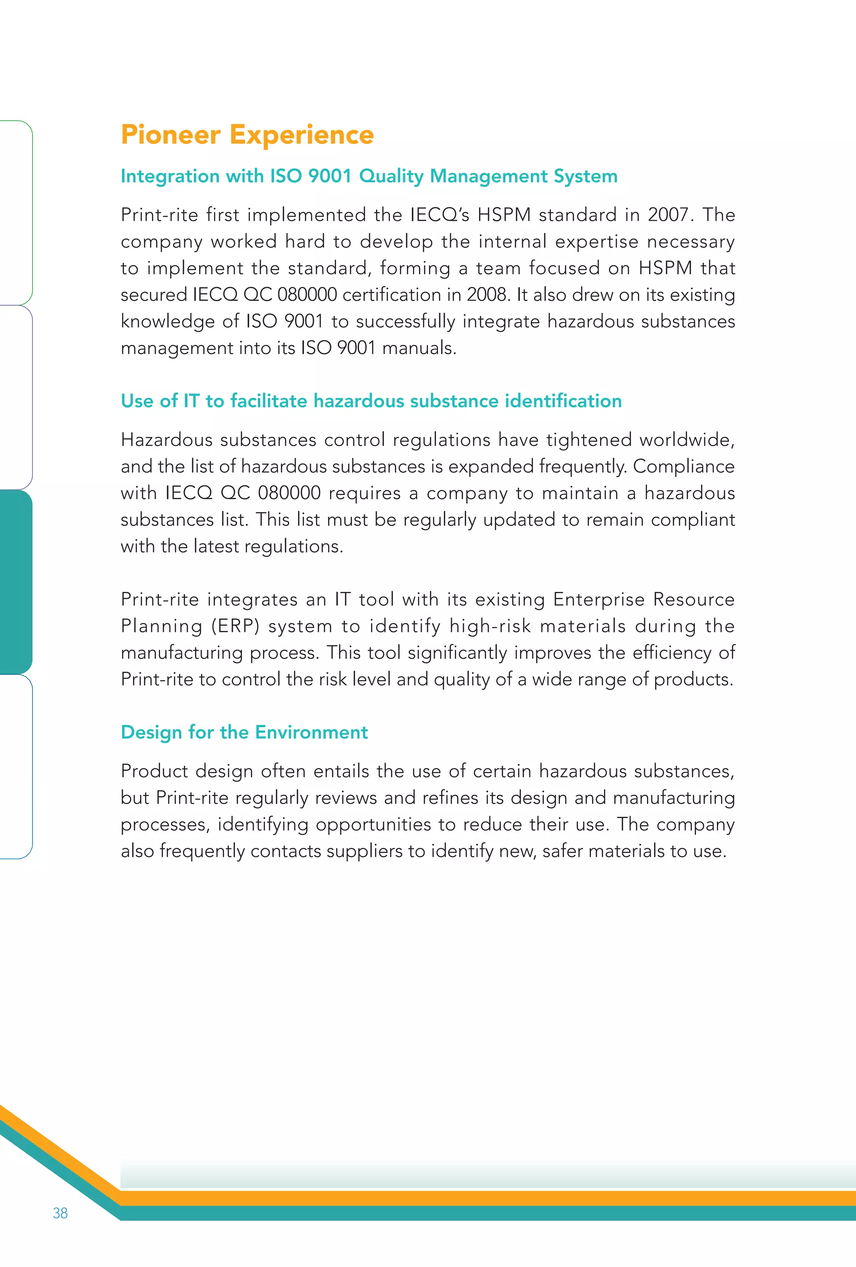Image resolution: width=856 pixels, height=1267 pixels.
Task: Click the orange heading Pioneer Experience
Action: [247, 135]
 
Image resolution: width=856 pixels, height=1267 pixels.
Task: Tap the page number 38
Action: [60, 1213]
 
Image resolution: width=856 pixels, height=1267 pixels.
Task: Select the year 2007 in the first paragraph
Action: [667, 215]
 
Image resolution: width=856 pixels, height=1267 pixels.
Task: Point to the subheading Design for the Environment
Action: [244, 732]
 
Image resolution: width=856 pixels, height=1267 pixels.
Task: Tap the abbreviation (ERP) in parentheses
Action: [235, 626]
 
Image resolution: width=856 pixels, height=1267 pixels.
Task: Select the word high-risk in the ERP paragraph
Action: [490, 626]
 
